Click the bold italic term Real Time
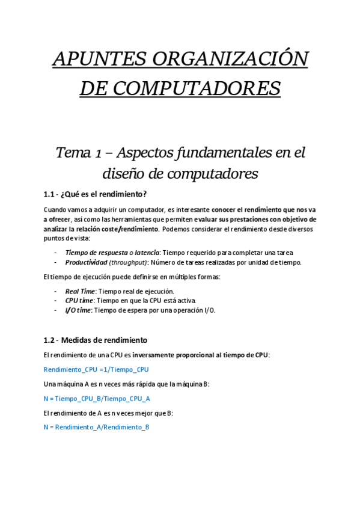tap(80, 291)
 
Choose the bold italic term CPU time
tap(79, 300)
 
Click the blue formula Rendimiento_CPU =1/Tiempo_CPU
tap(96, 369)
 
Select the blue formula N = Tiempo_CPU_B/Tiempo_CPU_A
tap(97, 398)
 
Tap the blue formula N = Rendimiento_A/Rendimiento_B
tap(96, 427)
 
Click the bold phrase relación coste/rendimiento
tap(115, 229)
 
